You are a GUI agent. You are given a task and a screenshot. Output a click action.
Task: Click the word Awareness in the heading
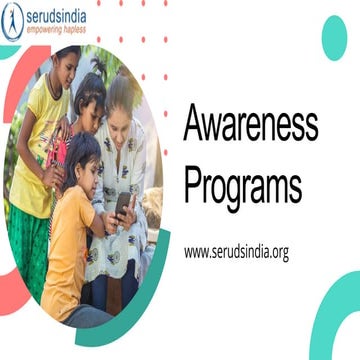coord(251,125)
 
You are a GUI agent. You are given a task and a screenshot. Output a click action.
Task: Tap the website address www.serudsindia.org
coord(236,252)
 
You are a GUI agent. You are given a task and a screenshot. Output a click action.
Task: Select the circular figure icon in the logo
coord(13,21)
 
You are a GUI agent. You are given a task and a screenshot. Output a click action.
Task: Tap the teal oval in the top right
coord(333,37)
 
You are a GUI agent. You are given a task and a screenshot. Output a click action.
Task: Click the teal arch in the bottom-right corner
coord(335,320)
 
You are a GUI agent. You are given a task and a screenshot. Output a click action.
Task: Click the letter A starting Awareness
coord(195,125)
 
